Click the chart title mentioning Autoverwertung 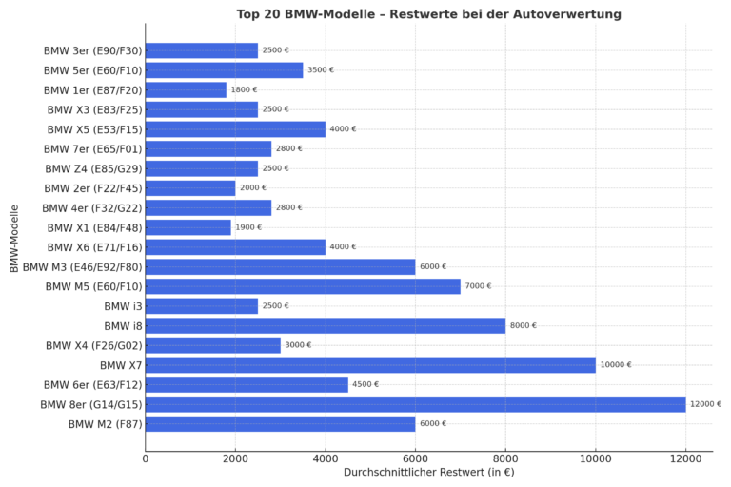click(428, 14)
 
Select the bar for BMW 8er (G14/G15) click(415, 404)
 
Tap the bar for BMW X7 click(370, 365)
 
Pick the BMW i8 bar click(326, 325)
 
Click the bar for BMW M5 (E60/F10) click(303, 286)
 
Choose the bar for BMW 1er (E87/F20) click(187, 89)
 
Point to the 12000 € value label click(705, 404)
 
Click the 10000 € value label click(616, 365)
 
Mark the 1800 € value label click(244, 89)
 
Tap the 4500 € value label click(365, 384)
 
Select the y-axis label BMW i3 click(123, 306)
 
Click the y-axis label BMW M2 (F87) click(105, 424)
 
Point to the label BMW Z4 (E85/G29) click(92, 168)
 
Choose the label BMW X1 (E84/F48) click(92, 227)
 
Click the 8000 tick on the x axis click(505, 459)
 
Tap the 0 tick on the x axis click(146, 459)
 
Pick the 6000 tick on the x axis click(416, 459)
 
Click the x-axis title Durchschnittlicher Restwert click(428, 473)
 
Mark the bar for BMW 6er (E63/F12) click(247, 384)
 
